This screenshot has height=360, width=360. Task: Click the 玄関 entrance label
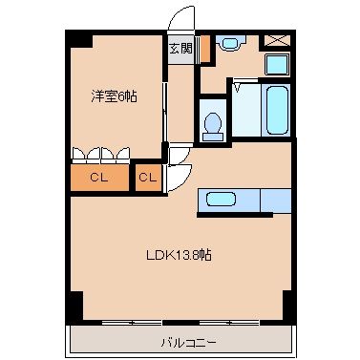pos(180,48)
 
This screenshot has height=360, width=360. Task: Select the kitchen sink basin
pos(222,200)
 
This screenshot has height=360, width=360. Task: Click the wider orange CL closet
pos(98,177)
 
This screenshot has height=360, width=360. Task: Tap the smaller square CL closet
pos(147,177)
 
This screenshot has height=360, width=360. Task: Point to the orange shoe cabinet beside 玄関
pos(204,51)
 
